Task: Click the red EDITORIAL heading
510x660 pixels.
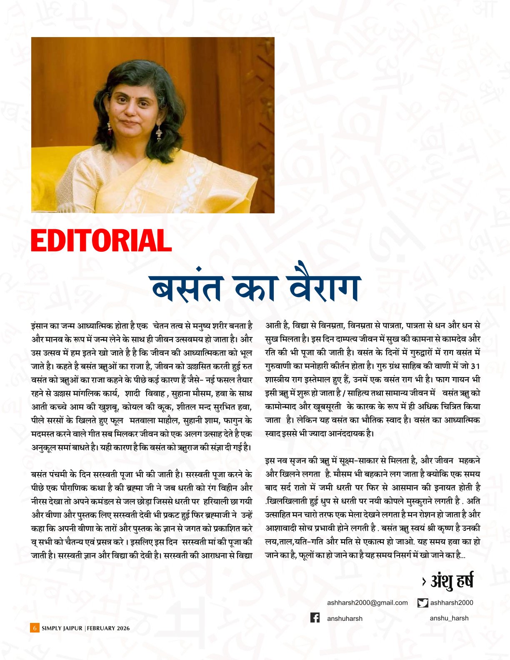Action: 101,240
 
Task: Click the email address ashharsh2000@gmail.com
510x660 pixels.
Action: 367,602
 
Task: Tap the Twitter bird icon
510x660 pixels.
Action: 422,602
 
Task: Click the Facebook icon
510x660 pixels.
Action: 315,617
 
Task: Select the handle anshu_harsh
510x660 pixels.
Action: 449,618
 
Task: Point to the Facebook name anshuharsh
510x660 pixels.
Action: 345,618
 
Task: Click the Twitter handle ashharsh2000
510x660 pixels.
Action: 452,602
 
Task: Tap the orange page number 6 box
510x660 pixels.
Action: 35,628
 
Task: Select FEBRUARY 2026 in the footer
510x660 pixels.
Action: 108,628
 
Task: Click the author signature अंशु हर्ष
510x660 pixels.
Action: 452,581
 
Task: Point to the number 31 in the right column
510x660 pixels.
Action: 475,366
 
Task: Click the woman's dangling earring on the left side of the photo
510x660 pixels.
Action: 110,127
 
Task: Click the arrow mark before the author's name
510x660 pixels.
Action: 423,581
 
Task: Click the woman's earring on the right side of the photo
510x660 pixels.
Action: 159,133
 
